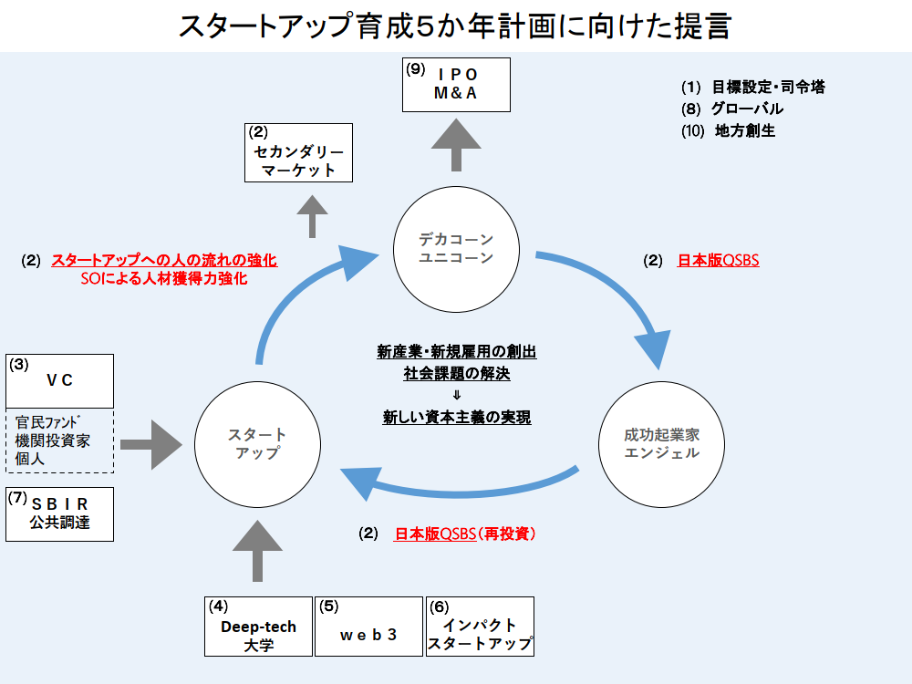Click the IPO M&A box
457,85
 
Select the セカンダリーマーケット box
298,152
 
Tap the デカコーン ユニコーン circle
456,248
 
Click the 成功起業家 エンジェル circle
662,444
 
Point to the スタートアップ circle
258,444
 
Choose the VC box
60,381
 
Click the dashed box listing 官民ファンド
60,440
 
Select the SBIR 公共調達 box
60,514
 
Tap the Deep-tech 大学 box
258,626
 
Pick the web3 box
368,626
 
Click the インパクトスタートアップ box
480,626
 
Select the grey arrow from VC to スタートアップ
153,444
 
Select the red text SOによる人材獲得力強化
164,279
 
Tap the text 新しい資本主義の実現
457,418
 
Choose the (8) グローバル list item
731,109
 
